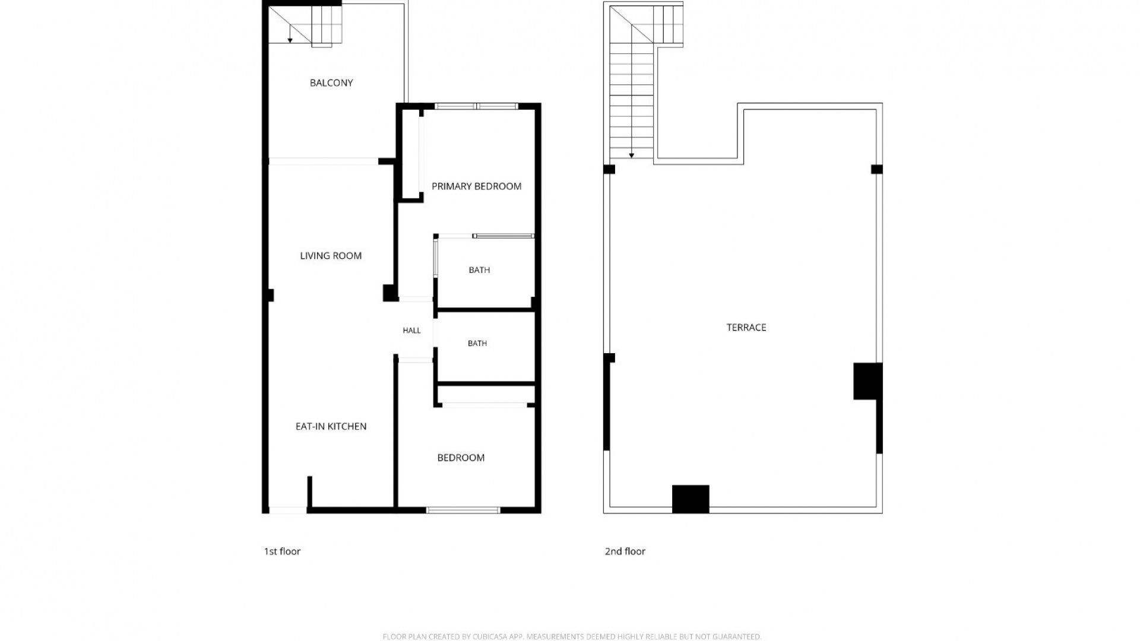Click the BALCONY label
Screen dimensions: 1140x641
[331, 83]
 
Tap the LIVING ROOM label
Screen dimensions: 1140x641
[331, 256]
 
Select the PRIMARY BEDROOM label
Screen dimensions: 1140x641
[476, 186]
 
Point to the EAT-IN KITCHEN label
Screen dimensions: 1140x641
[331, 426]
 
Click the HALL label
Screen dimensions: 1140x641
[411, 331]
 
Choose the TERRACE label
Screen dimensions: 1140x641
[746, 328]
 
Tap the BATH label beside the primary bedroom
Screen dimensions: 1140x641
[479, 270]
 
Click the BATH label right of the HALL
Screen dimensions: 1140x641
[477, 343]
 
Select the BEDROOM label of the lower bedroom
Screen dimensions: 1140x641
[461, 458]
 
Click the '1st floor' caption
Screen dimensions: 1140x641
[282, 551]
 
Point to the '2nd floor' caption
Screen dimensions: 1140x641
[625, 551]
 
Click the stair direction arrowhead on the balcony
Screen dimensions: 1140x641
[290, 40]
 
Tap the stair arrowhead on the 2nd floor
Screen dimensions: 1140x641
[632, 156]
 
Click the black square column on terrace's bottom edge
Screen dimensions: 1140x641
[691, 499]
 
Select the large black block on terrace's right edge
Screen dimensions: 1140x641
[867, 381]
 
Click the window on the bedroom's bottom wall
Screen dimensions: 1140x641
[463, 510]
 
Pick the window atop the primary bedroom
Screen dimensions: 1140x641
[476, 106]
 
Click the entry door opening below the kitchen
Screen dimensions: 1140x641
[287, 510]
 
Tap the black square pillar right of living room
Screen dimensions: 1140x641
[389, 293]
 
